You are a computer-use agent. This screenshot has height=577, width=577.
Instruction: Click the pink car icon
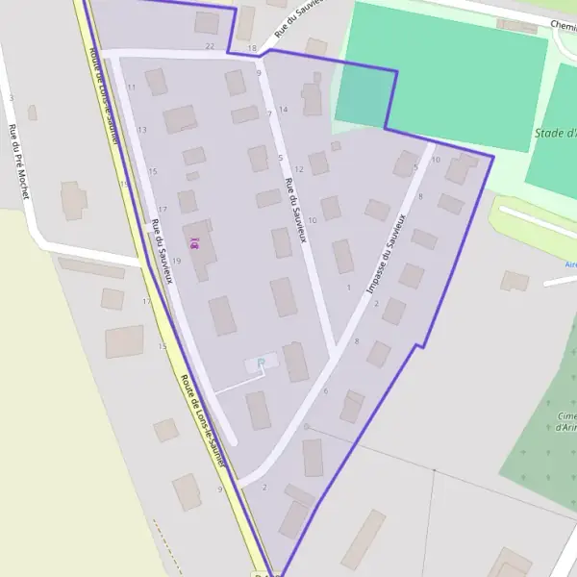click(195, 244)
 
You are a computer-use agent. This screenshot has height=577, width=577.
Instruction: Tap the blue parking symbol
click(260, 363)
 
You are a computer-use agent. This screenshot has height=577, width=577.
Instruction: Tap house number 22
click(210, 46)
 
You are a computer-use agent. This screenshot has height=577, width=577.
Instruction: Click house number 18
click(252, 48)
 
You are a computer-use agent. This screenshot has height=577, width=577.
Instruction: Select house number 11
click(131, 88)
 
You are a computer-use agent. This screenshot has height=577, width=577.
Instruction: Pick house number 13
click(142, 130)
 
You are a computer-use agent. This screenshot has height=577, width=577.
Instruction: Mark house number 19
click(176, 261)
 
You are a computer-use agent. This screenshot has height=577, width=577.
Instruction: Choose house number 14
click(284, 110)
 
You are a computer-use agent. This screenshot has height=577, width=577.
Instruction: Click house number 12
click(299, 169)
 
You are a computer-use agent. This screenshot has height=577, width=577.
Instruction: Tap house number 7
click(269, 114)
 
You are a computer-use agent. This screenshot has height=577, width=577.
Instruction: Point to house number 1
click(348, 287)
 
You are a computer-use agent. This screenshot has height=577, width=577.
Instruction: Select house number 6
click(326, 390)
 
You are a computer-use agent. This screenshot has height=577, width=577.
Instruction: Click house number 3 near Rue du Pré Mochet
click(11, 98)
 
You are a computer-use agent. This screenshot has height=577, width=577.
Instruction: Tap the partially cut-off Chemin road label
click(562, 26)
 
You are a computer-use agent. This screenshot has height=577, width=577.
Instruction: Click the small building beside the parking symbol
click(268, 361)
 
